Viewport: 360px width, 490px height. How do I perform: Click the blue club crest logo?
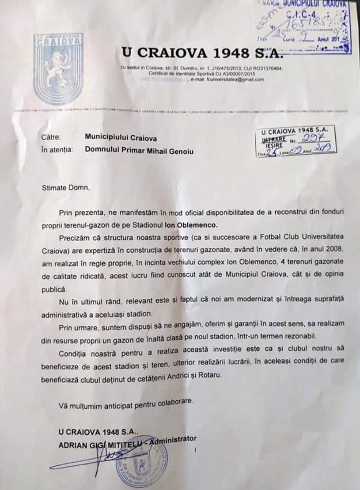58,69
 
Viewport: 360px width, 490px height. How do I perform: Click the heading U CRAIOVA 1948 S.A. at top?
201,53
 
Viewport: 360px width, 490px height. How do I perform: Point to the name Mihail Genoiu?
171,150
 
